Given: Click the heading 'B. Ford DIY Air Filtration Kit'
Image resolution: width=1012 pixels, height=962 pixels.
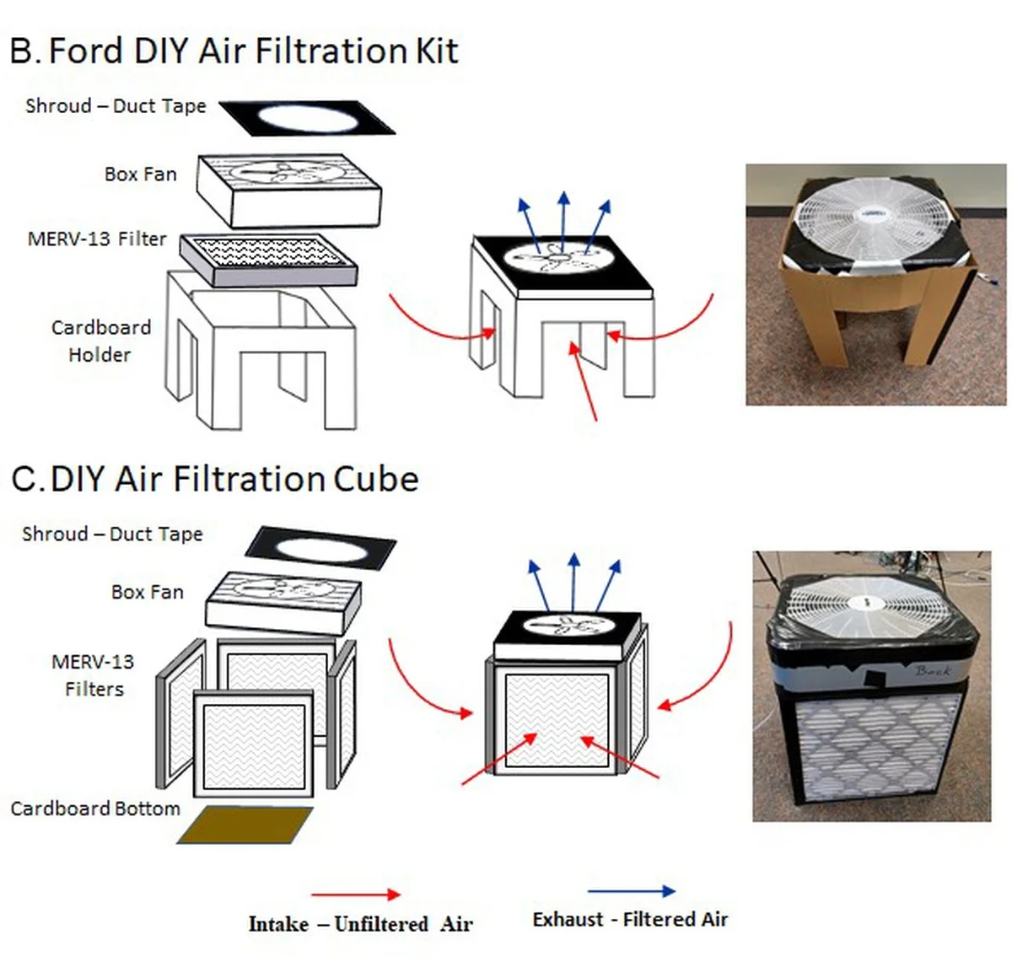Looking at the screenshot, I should point(234,51).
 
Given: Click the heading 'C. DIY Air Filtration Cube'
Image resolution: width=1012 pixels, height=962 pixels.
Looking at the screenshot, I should point(215,479).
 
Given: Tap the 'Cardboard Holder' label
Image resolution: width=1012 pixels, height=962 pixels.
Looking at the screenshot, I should point(100,341).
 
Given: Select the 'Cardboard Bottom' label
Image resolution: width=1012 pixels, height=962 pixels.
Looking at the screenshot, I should point(95,809).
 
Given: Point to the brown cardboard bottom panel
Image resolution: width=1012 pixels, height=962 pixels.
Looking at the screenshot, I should point(245,825).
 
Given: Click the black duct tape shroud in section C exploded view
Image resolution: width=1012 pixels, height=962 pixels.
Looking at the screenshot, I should point(320,549).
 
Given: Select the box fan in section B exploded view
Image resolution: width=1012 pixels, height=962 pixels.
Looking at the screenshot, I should point(288,189).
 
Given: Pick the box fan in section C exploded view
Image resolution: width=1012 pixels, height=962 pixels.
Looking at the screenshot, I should point(283,602).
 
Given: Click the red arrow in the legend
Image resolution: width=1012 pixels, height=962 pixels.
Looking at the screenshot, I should point(355,894).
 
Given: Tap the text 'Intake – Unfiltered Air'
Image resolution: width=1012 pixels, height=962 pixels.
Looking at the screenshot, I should point(360,924).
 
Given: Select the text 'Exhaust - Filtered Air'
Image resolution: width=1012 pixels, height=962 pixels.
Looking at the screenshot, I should point(630,919).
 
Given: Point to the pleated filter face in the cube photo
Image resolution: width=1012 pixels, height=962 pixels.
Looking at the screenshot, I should point(877,742).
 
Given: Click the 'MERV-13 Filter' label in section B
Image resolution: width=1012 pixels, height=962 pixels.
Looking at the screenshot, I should point(97,239).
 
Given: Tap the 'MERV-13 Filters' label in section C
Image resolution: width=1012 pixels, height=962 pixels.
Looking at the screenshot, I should point(93,674).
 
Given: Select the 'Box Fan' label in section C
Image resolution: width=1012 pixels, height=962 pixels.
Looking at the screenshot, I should point(147,592).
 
